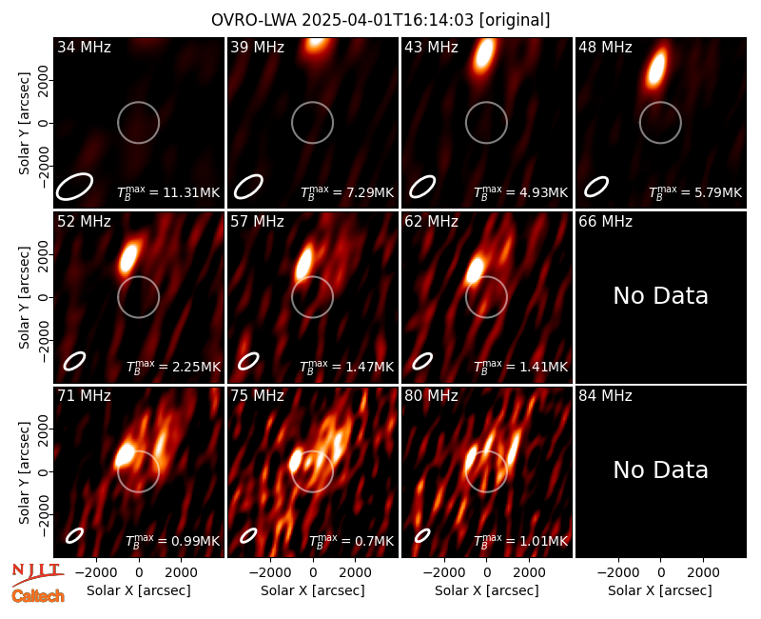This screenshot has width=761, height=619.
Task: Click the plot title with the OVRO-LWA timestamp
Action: (380, 20)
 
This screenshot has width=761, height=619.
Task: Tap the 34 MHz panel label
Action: (85, 47)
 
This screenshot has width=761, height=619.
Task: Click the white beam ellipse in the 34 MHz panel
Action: (74, 186)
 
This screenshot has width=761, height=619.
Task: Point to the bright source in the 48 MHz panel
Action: (656, 68)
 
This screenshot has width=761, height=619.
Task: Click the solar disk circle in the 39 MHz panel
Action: (313, 102)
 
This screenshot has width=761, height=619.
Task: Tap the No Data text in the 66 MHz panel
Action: (660, 295)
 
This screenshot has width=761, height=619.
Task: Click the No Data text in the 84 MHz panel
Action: (660, 469)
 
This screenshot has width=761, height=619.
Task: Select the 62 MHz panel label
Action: (432, 222)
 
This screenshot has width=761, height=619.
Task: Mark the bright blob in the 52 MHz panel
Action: (128, 256)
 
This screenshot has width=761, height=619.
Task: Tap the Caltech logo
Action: (38, 596)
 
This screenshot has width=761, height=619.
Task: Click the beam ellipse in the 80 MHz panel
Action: (422, 535)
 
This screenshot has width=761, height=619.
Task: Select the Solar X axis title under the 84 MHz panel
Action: (660, 590)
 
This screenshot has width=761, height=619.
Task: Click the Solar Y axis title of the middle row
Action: (25, 297)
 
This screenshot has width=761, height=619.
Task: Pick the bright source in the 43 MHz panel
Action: (484, 54)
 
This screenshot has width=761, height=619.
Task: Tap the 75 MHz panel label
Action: (257, 396)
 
